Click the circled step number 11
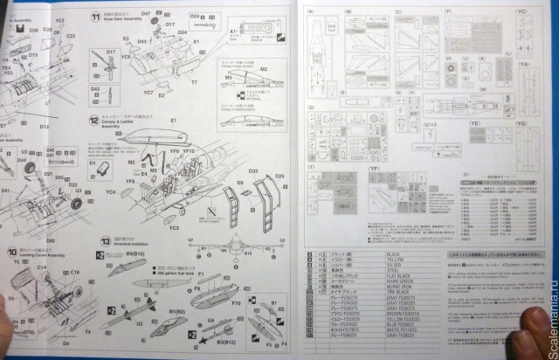[x=95, y=17]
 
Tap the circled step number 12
[x=92, y=118]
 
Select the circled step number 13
[x=106, y=238]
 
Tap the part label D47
[x=145, y=16]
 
